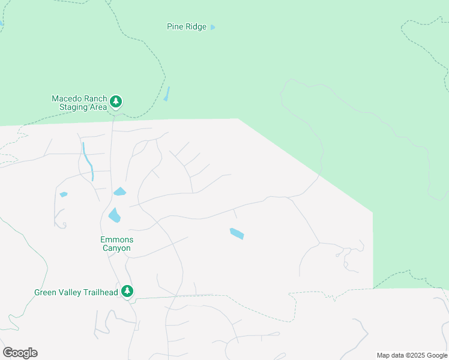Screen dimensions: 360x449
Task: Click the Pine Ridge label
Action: pos(186,26)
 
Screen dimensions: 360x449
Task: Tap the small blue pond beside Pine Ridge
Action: pos(213,27)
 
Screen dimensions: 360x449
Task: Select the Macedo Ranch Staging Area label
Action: pos(79,103)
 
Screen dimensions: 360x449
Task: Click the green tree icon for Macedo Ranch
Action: pos(116,102)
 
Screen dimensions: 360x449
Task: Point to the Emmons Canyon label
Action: pos(116,244)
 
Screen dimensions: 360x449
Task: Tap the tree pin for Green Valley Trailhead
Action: pos(127,291)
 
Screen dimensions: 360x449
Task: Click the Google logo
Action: pos(20,353)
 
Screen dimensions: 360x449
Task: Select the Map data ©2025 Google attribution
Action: pos(412,355)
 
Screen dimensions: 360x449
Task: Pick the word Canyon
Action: pos(116,248)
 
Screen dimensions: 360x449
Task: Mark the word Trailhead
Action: pos(98,293)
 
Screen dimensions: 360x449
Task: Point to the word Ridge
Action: pos(196,26)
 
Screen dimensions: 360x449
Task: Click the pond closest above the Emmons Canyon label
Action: pos(114,215)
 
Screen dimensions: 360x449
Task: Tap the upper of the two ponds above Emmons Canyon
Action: pos(120,192)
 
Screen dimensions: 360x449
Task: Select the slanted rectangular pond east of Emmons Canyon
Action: pos(237,233)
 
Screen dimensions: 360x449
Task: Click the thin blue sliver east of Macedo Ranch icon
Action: pos(167,94)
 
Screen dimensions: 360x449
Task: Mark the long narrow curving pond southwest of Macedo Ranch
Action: pos(88,161)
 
